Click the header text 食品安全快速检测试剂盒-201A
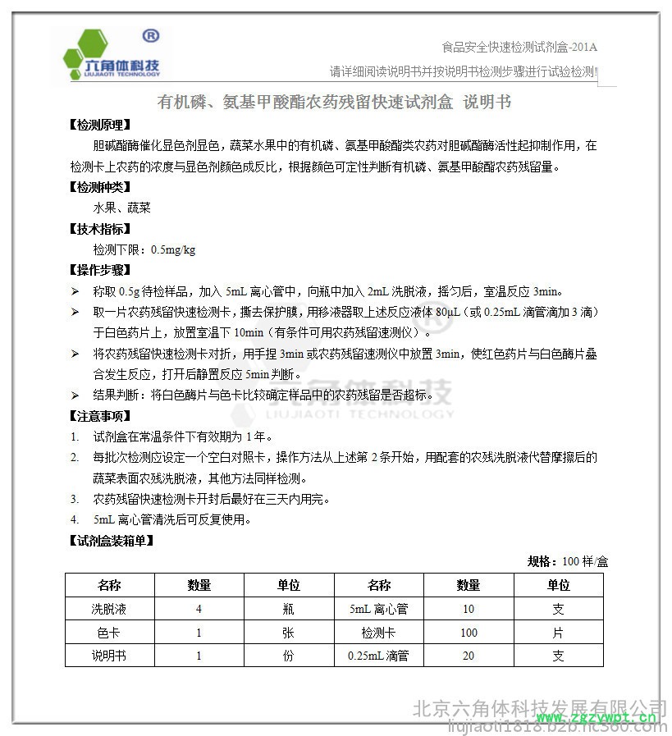(519, 47)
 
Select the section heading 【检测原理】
(100, 126)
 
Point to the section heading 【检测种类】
(100, 188)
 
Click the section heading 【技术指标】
(100, 229)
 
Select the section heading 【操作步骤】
(100, 270)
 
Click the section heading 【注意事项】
(100, 415)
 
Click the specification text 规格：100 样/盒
(567, 561)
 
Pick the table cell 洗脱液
(109, 609)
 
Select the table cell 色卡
(109, 633)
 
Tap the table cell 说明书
(109, 656)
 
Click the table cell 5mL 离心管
(378, 609)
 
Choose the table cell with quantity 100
(469, 633)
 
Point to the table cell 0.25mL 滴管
(378, 656)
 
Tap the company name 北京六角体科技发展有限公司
(538, 707)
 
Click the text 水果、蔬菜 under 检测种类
(122, 208)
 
